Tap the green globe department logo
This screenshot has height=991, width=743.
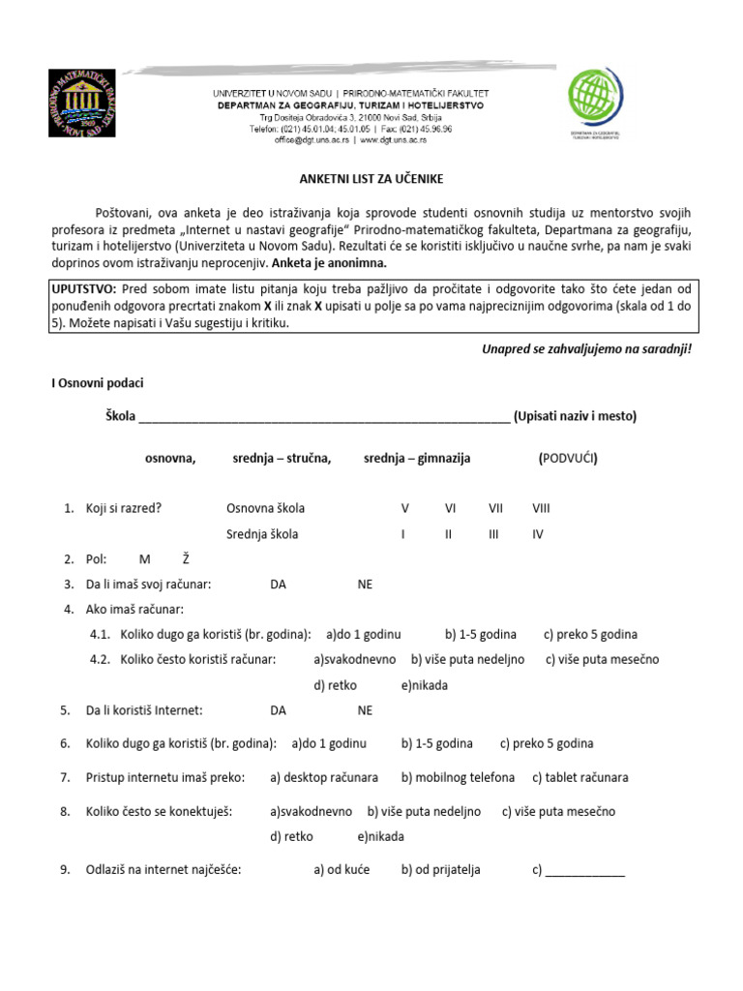[x=601, y=100]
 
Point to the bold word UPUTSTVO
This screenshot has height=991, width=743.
[x=83, y=289]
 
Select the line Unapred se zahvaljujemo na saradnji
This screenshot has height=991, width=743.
[x=586, y=348]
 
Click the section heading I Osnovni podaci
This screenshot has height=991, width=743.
[x=97, y=384]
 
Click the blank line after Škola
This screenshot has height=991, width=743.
[x=324, y=417]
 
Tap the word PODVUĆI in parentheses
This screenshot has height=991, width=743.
[x=568, y=459]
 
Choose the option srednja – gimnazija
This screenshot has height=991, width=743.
[x=417, y=459]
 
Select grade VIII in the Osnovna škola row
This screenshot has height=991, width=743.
[x=540, y=508]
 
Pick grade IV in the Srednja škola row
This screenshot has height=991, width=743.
[x=538, y=533]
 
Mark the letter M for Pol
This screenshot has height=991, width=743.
[x=145, y=559]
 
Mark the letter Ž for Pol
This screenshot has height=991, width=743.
[x=186, y=559]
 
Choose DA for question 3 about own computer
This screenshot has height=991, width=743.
[x=279, y=585]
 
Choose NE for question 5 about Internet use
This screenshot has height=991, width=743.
[x=365, y=710]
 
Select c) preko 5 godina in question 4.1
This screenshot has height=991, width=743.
[x=590, y=635]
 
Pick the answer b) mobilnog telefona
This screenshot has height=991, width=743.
[x=458, y=778]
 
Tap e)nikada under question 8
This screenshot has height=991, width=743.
[x=380, y=837]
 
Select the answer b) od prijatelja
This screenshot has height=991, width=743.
[x=440, y=870]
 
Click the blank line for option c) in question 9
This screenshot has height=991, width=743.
[x=585, y=872]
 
